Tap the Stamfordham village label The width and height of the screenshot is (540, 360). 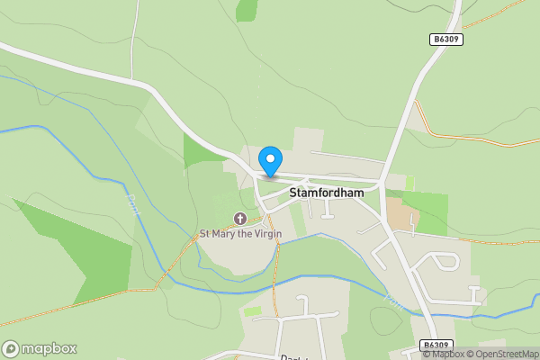click(x=326, y=193)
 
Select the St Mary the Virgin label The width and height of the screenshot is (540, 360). click(x=240, y=234)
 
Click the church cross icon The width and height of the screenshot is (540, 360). click(x=240, y=218)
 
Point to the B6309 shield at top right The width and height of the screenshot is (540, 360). click(x=445, y=40)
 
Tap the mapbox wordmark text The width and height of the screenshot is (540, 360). click(x=49, y=348)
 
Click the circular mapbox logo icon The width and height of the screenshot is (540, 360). click(x=11, y=348)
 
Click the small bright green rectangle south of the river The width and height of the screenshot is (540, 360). click(x=253, y=310)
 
